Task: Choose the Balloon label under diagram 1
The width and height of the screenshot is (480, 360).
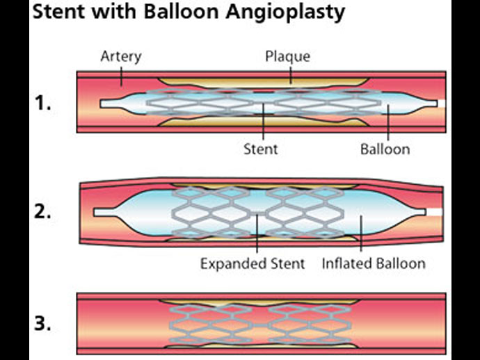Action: pos(385,148)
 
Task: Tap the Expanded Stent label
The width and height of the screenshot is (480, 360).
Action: pos(253,263)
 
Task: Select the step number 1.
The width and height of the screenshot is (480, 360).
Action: pos(44,105)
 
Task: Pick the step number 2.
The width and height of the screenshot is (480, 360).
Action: pos(44,213)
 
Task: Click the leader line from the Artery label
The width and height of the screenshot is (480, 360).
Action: pos(120,74)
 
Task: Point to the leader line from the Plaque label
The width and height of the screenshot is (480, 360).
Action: pos(291,74)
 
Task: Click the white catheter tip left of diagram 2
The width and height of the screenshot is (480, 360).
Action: pos(102,211)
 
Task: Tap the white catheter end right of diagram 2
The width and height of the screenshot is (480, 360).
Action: pos(434,211)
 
